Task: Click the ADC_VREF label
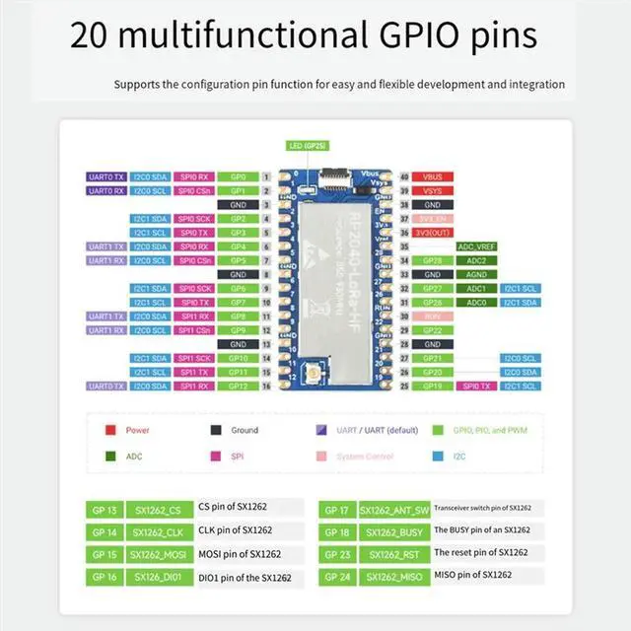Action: [x=476, y=245]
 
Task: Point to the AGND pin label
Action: [x=476, y=274]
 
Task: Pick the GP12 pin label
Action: [x=238, y=386]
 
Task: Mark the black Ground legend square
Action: [x=216, y=430]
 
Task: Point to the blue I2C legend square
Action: [x=437, y=456]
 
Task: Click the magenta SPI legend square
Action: [x=216, y=456]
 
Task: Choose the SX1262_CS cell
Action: [x=160, y=510]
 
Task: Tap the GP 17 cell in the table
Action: [x=337, y=510]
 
